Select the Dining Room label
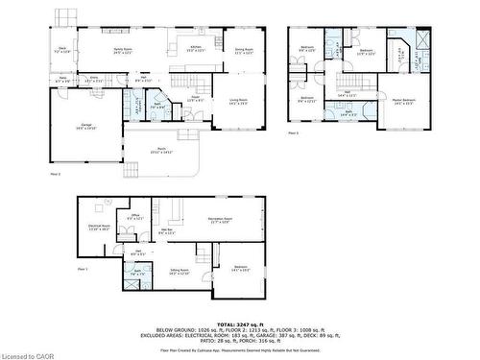coord(245,50)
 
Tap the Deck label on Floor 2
coord(62,50)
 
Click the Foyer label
coord(194,98)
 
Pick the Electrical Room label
coord(96,228)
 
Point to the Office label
coord(135,217)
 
